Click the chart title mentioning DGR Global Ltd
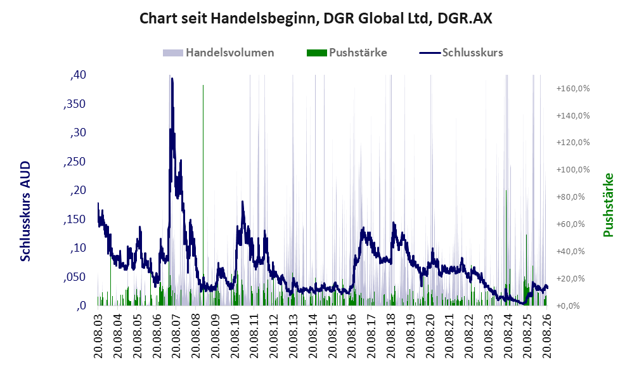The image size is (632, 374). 316,18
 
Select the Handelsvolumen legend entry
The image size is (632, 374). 219,53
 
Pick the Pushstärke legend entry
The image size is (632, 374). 347,53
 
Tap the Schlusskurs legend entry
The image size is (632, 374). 461,53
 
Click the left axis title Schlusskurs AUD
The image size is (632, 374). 25,211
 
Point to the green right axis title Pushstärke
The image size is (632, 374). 608,205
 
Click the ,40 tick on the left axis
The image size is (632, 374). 78,75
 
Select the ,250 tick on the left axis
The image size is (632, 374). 75,161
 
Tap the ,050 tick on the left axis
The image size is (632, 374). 75,277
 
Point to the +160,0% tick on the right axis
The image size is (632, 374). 573,88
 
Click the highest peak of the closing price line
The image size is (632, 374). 172,79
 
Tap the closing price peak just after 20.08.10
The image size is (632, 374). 243,202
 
